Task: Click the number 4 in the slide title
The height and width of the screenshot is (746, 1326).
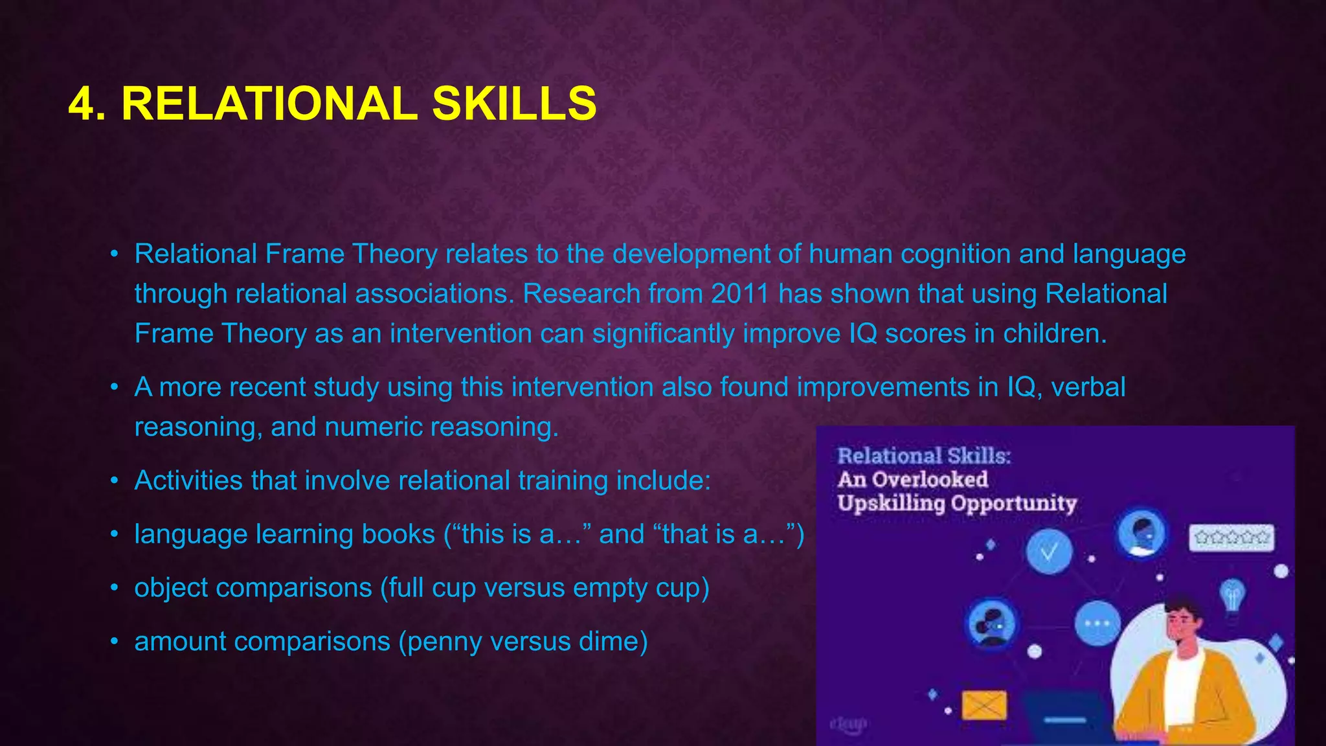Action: coord(86,104)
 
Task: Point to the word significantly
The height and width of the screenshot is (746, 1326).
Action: coord(663,334)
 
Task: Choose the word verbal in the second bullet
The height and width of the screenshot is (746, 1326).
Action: coord(1088,387)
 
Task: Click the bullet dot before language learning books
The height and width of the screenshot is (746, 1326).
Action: coord(115,535)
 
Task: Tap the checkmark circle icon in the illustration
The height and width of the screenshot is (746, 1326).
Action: coord(1049,552)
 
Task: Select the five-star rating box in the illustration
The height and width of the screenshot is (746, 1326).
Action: coord(1231,537)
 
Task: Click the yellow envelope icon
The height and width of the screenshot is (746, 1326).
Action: coord(984,705)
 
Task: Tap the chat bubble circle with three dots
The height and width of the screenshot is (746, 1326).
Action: coord(1097,623)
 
